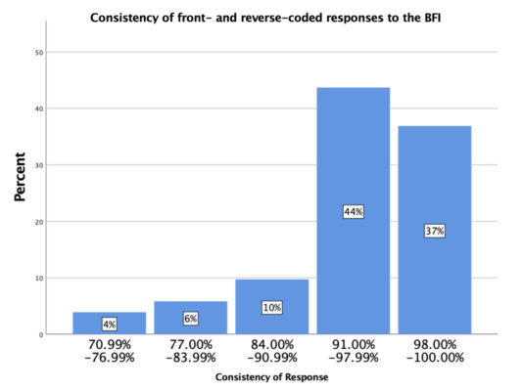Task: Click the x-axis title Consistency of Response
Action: (271, 377)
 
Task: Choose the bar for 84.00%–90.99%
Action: (271, 293)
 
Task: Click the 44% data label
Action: (353, 211)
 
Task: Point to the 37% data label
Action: (434, 231)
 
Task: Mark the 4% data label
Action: (109, 325)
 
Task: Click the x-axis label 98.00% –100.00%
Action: (434, 351)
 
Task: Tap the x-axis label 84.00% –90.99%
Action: (271, 351)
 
